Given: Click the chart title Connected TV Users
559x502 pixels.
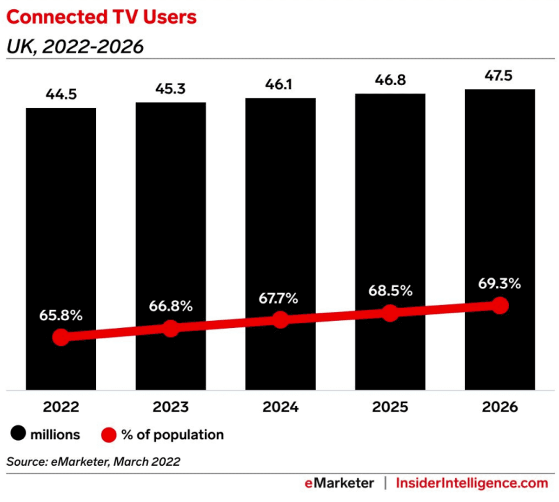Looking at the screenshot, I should point(101,17).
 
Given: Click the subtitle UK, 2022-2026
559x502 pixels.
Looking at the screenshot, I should point(75,46).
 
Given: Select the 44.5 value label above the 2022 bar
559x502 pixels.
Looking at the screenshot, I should point(61,94).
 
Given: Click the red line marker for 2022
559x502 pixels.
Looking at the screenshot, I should point(61,337).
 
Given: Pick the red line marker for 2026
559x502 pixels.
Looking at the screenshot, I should point(500,305).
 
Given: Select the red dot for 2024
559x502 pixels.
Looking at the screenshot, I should point(280,320).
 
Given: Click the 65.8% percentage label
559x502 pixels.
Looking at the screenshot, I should point(61,315).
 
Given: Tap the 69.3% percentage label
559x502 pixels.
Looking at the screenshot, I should point(499,284).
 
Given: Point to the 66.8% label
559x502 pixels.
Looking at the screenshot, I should point(171,306).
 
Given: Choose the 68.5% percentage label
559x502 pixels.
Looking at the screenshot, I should point(390,291).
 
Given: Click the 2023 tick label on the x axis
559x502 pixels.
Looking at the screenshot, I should point(171,407).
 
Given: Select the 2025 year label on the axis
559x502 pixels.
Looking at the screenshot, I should point(390,407).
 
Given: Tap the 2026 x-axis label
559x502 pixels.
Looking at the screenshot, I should point(500,407).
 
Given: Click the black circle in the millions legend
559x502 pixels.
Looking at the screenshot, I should point(18,434).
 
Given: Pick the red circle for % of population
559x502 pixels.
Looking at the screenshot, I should point(108,435).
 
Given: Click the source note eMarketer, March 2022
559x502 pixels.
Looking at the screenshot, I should point(93,462).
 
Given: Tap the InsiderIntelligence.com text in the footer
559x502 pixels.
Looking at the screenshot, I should point(472,483).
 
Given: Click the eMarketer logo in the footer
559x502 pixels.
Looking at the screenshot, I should point(339,483).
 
